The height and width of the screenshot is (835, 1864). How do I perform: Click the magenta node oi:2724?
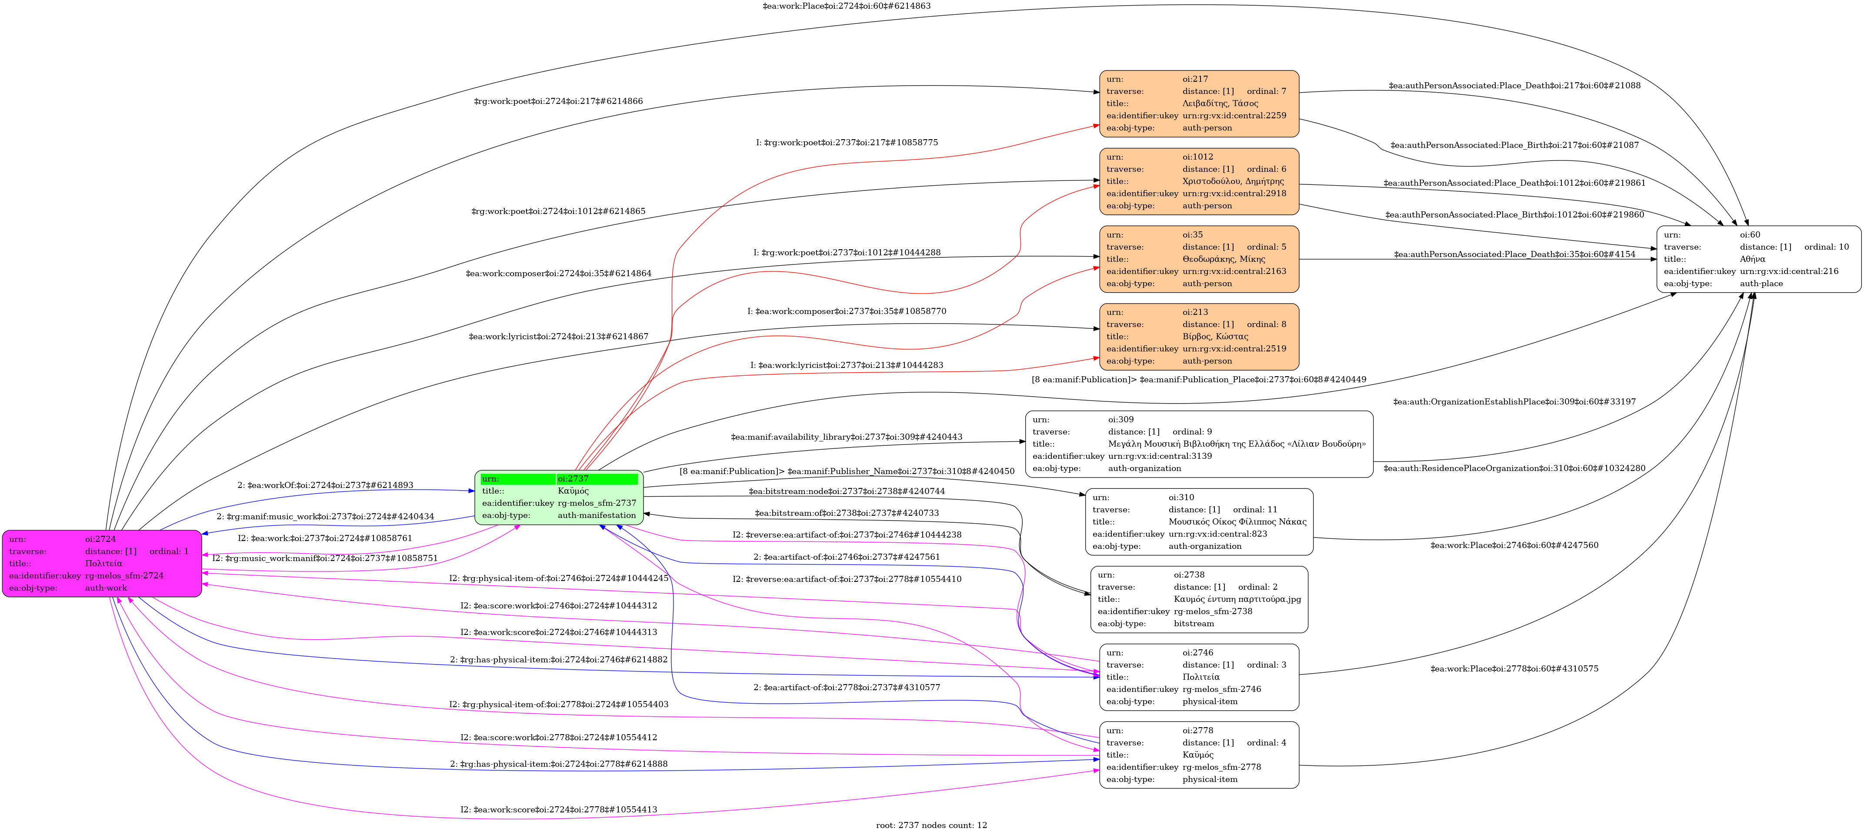102,564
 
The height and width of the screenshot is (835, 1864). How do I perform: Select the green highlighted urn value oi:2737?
597,479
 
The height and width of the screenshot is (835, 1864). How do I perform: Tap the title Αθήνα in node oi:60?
1753,259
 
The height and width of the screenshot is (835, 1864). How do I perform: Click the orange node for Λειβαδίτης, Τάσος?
1199,104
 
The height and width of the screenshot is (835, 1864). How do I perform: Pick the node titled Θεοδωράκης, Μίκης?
1199,259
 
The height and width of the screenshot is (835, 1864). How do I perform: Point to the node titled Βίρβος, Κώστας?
1199,337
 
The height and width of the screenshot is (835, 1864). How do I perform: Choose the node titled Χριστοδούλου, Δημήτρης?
1199,182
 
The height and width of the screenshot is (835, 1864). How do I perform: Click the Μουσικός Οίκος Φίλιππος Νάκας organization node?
1199,522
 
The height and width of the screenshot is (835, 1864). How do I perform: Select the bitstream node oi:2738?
1199,600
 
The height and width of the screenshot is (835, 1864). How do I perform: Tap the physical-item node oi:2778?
1199,755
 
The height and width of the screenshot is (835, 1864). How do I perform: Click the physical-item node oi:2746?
1199,677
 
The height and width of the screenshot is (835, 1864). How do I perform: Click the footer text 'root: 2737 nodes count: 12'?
931,825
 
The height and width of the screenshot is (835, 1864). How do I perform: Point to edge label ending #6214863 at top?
847,6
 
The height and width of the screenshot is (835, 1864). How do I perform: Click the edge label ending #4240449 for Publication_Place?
1199,380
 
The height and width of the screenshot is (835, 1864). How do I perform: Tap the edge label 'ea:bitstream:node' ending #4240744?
847,491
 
